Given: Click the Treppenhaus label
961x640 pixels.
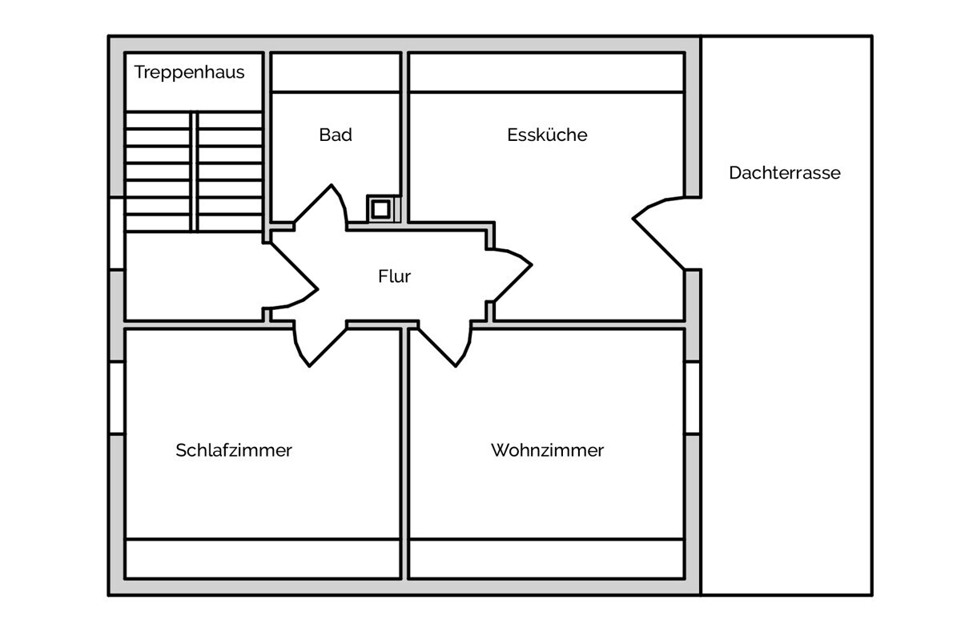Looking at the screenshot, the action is (189, 73).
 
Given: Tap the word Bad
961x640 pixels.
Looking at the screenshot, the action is (336, 135).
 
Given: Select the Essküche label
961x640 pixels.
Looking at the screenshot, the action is (547, 135).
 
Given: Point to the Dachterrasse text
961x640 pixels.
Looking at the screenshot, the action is (785, 172).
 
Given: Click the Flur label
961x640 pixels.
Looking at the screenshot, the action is (394, 276).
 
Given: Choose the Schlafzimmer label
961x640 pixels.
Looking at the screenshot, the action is (234, 450).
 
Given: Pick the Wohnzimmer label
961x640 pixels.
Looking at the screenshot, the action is (548, 450).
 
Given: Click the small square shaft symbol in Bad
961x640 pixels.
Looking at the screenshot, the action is (381, 209).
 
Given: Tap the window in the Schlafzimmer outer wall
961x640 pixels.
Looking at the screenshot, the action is (117, 398).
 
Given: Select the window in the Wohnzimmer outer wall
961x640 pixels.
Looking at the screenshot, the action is (693, 398).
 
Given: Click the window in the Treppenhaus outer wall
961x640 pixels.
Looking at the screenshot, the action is (117, 234).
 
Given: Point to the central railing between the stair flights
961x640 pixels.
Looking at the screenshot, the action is (194, 171).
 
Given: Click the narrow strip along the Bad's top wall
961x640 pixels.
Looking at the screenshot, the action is (336, 73).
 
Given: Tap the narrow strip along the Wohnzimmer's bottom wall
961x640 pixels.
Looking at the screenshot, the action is (546, 558).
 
